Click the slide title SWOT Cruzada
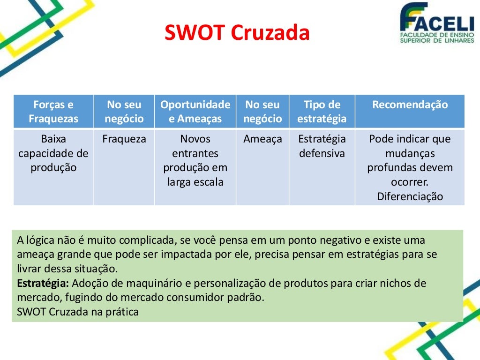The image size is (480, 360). point(237,33)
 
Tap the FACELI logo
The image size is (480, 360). point(436,23)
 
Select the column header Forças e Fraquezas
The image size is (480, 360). point(53,112)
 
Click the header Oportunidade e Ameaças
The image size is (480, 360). point(195,112)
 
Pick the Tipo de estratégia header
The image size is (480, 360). point(322,112)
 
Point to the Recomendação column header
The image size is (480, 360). point(410,105)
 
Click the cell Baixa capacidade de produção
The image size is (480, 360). point(53,153)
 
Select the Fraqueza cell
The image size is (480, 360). point(124,139)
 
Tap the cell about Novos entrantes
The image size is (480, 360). point(195,160)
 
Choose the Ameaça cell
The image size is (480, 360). point(262,139)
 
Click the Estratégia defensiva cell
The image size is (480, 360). point(322,146)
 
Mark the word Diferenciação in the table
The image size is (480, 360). point(410,196)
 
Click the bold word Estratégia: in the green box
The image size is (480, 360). point(43,283)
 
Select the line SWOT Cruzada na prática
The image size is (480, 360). point(78,312)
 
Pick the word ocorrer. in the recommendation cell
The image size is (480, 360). point(410,182)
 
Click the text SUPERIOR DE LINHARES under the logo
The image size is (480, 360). point(436,41)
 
